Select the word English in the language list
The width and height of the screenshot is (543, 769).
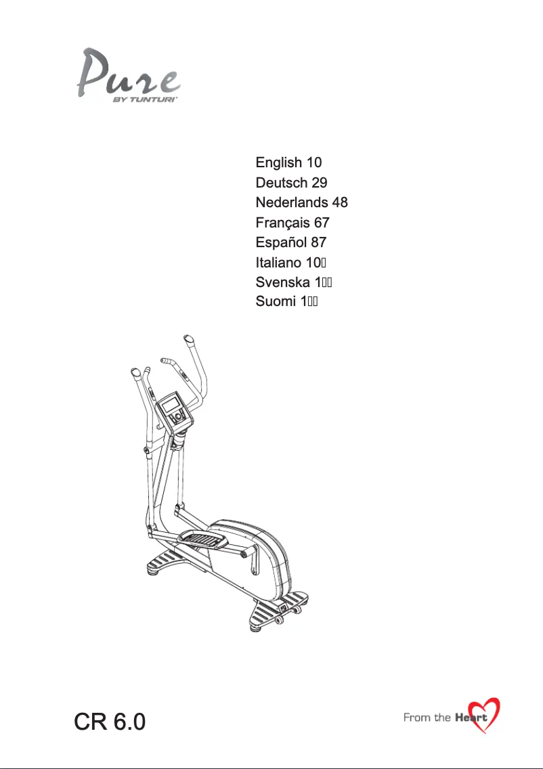pos(278,163)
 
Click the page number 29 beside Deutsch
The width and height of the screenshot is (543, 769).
pos(320,183)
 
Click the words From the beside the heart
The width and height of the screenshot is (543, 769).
pos(427,718)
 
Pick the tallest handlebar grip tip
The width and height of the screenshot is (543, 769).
pos(187,338)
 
